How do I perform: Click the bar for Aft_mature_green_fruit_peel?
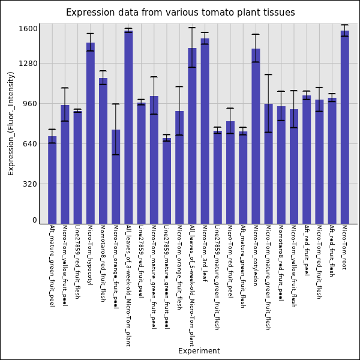pos(52,180)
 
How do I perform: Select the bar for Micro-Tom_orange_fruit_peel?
pos(115,176)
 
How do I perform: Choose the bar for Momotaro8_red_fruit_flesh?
pos(103,151)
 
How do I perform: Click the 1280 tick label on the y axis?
pos(28,64)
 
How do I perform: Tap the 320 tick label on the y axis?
pos(31,184)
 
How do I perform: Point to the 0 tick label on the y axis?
pos(35,220)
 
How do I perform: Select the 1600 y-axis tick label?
pos(28,29)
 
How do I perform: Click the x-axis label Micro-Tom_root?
pos(344,247)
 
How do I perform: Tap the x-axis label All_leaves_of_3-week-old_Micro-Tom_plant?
pos(128,286)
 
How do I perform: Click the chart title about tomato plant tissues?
pos(180,13)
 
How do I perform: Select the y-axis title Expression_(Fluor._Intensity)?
pos(11,123)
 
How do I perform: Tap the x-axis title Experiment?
pos(199,351)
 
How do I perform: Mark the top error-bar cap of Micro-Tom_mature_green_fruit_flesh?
pos(268,74)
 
